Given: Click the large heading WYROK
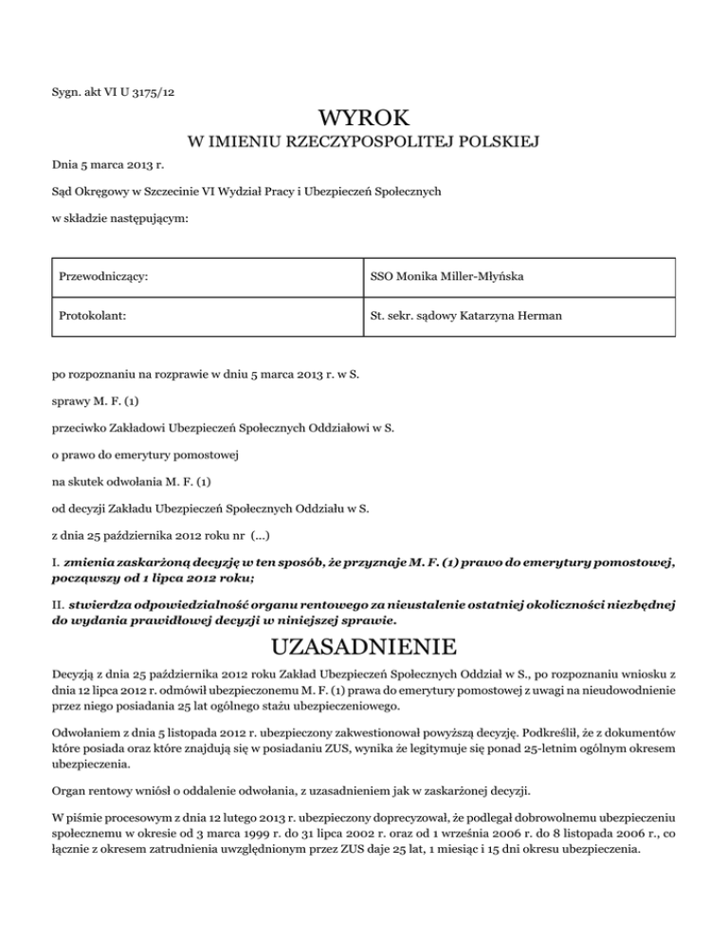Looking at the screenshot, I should [364, 120].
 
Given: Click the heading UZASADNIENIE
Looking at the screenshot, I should [364, 650].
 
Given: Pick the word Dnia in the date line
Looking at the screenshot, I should [64, 165].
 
